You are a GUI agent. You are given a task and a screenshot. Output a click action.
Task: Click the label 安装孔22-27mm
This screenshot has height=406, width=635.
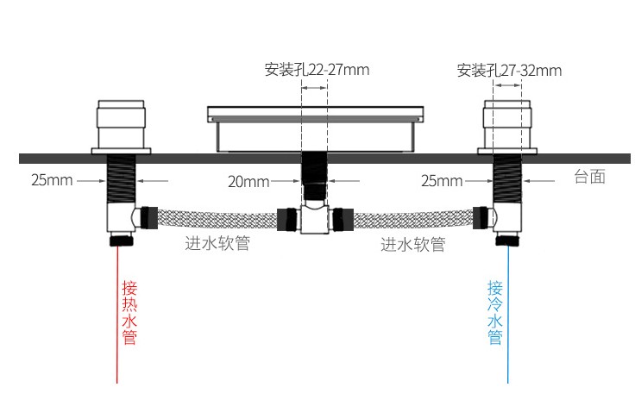click(x=317, y=70)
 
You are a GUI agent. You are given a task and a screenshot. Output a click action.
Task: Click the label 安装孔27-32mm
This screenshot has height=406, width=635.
click(x=509, y=71)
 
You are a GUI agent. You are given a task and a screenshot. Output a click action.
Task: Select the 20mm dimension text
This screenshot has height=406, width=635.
click(x=248, y=182)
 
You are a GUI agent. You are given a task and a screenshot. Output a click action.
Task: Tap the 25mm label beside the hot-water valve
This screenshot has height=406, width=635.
click(x=52, y=180)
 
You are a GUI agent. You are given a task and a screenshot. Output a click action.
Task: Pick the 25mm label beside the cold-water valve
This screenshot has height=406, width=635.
click(x=442, y=180)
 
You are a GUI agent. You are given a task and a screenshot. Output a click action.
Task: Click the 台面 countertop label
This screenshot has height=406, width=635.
click(x=589, y=177)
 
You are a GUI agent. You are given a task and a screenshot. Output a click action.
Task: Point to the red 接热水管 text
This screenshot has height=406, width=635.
click(x=129, y=313)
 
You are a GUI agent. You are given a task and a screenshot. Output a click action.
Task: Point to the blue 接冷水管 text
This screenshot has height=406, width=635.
click(x=495, y=313)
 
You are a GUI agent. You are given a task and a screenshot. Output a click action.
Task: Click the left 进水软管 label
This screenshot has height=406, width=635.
click(x=217, y=243)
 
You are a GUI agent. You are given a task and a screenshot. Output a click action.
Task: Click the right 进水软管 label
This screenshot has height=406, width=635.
click(x=413, y=245)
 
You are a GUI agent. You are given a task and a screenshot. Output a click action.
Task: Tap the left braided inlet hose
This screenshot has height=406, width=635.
click(x=217, y=219)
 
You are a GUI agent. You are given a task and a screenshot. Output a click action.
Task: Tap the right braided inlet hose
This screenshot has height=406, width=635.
click(x=413, y=219)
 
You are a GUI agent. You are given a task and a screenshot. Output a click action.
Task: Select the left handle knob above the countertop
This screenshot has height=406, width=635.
click(x=121, y=127)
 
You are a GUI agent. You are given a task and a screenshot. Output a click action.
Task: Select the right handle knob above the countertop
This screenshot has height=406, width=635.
click(x=507, y=127)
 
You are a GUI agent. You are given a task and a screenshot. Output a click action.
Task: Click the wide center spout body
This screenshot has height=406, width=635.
click(x=316, y=129)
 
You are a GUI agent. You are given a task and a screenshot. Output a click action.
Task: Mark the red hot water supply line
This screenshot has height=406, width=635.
click(x=117, y=314)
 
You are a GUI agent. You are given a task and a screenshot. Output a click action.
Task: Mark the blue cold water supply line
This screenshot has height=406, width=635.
click(x=508, y=314)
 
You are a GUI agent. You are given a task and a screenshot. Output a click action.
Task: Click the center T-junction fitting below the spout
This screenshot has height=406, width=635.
click(x=315, y=219)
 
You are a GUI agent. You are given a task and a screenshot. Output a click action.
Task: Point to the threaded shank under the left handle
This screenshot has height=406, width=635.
click(x=121, y=178)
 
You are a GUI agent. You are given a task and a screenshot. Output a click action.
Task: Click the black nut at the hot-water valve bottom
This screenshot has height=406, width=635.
click(x=121, y=240)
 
